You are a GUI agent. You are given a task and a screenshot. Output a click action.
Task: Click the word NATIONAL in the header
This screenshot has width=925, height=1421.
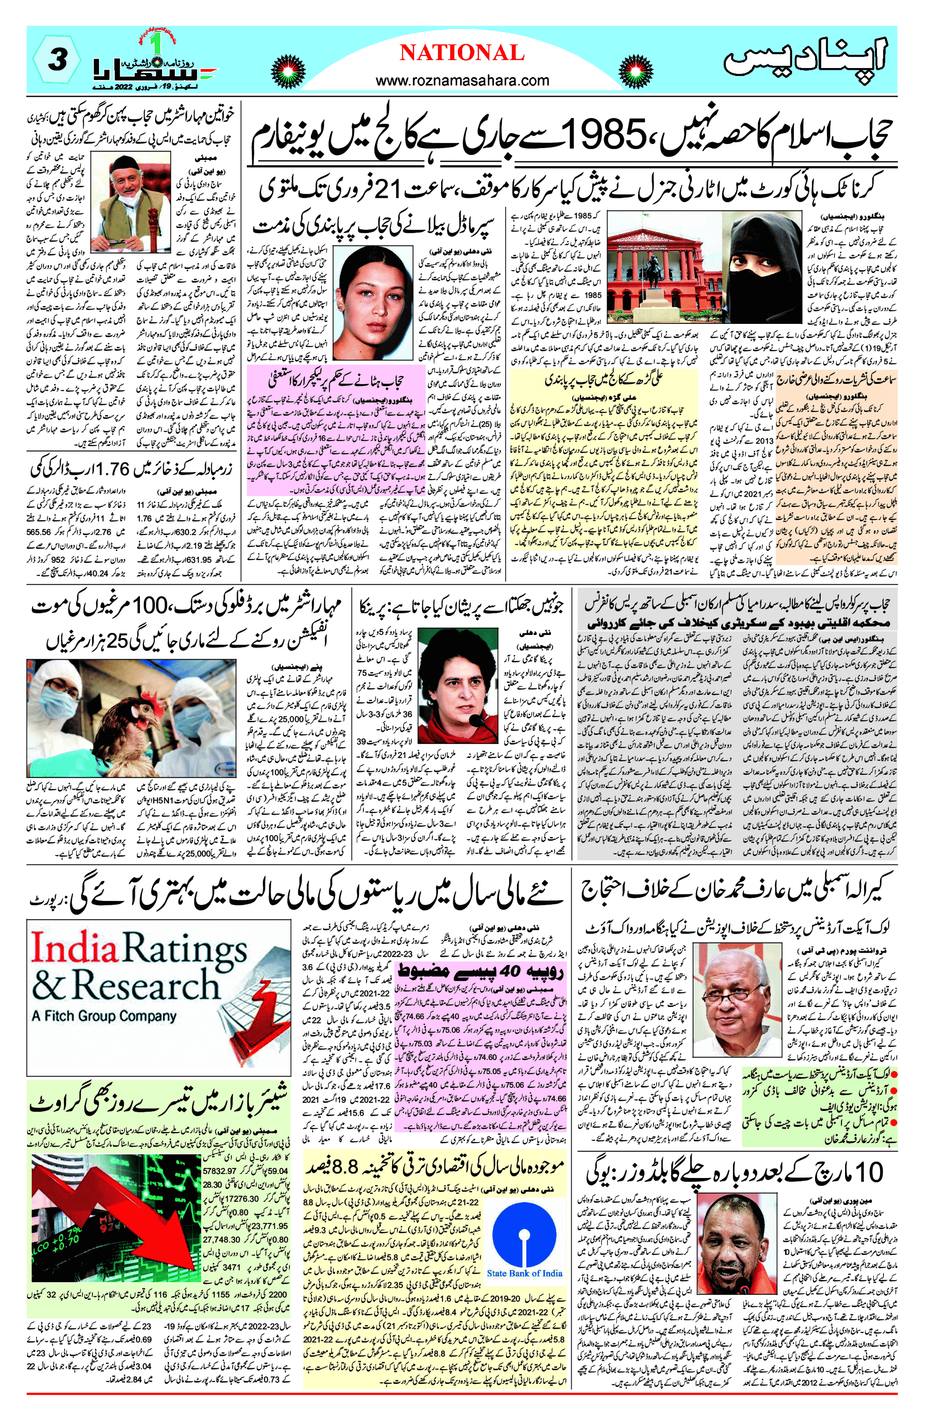coord(462,53)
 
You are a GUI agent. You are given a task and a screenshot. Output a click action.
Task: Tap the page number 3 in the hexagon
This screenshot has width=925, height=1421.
coord(57,60)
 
